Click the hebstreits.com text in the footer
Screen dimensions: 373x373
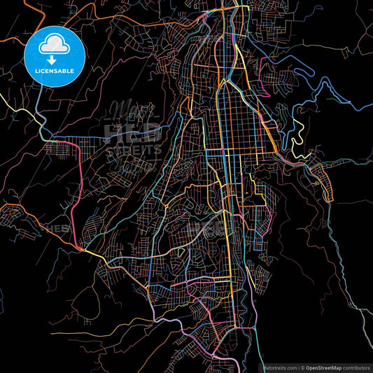pyautogui.click(x=274, y=367)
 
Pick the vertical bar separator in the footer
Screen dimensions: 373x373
pyautogui.click(x=299, y=367)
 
